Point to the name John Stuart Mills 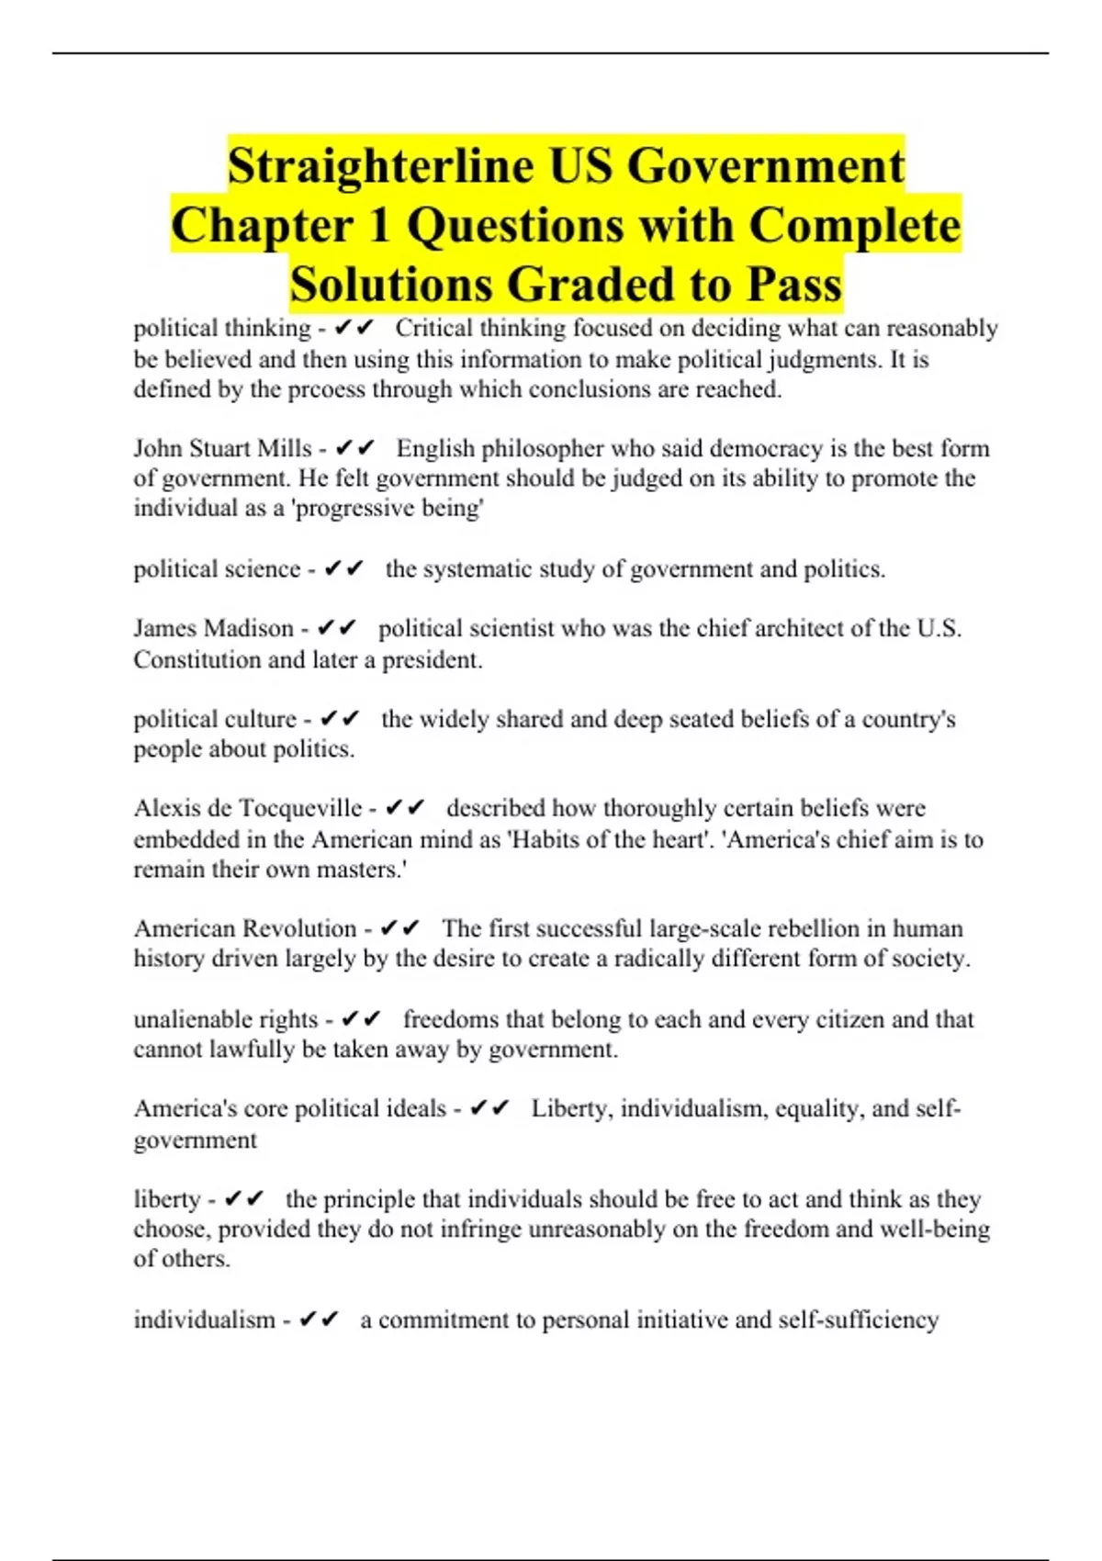tap(223, 448)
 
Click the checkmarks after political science tap(344, 569)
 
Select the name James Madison tap(213, 628)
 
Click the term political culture tap(215, 719)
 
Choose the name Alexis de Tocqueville tap(248, 808)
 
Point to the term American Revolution tap(245, 928)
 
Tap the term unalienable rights tap(226, 1019)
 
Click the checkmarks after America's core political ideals tap(489, 1109)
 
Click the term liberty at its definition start tap(167, 1199)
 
